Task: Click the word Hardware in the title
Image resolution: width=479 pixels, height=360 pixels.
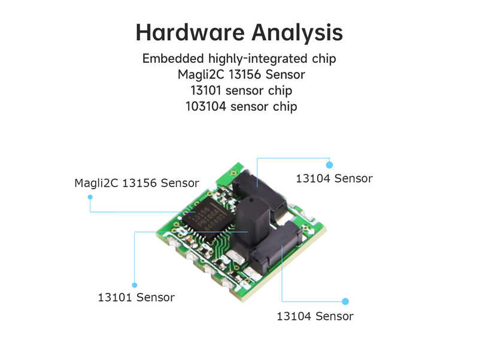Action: (190, 32)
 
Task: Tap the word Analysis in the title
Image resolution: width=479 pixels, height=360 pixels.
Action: (297, 33)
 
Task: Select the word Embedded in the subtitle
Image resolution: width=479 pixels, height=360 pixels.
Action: (173, 58)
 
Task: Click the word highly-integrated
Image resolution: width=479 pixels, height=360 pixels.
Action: (257, 59)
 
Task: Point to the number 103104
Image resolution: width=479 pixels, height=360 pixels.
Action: (206, 107)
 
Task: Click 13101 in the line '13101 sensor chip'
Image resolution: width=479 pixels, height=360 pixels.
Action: (205, 90)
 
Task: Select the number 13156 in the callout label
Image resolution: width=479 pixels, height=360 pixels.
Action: (140, 183)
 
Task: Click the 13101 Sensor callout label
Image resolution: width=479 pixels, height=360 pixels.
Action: (137, 297)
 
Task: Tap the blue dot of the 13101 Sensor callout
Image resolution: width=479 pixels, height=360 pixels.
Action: (134, 285)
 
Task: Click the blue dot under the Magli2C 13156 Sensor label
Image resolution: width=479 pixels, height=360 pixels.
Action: (90, 197)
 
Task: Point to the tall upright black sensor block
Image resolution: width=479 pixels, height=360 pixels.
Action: (253, 220)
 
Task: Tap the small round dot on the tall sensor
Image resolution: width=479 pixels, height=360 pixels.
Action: (251, 201)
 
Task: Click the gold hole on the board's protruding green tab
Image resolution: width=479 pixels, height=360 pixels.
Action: (234, 173)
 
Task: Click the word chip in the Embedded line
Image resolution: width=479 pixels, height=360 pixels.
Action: (324, 59)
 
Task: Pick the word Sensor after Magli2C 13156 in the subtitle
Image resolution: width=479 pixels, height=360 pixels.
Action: (286, 74)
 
